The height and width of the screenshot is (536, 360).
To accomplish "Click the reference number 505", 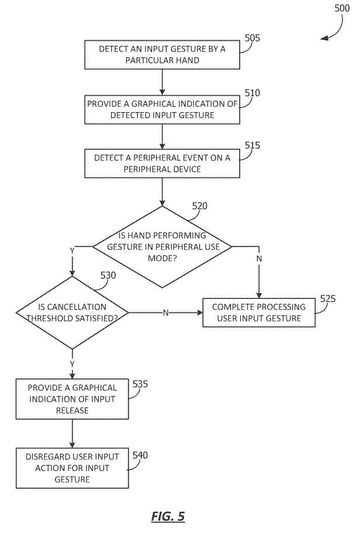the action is click(252, 38).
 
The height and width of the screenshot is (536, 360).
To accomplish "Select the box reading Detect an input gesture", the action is click(162, 55).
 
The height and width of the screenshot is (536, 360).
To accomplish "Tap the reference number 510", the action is click(252, 93).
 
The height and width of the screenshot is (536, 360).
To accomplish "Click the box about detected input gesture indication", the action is click(162, 109).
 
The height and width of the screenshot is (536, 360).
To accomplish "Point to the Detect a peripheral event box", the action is click(162, 163).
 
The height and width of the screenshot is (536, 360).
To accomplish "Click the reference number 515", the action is click(252, 145).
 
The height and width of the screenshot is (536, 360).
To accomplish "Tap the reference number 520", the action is click(199, 206).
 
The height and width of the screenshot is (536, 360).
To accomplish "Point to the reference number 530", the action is click(108, 275).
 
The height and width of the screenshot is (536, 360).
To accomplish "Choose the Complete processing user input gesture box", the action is click(259, 312).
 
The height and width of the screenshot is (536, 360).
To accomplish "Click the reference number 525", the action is click(328, 298).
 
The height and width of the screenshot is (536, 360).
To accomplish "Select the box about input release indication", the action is click(72, 399).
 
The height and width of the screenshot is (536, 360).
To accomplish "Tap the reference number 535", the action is click(140, 384).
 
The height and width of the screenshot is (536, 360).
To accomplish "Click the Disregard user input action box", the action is click(72, 468).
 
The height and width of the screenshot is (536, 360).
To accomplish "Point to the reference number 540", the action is click(140, 455).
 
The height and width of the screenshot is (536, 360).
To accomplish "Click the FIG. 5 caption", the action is click(168, 516).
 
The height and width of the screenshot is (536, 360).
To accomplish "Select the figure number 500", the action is click(342, 8).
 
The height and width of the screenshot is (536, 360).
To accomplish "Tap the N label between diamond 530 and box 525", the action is click(166, 312).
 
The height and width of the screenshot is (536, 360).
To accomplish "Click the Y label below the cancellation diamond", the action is click(72, 363).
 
